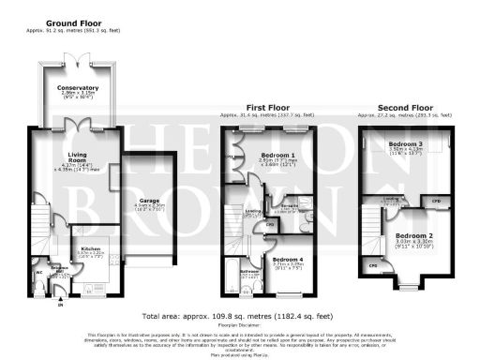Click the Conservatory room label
click(78, 87)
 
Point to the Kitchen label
click(89, 247)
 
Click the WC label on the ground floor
click(39, 273)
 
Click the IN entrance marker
click(62, 305)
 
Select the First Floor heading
click(268, 108)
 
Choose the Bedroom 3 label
click(406, 143)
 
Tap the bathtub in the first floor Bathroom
click(230, 276)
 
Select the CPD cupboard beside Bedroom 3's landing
click(436, 201)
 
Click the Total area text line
click(239, 318)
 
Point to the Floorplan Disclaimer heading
click(239, 327)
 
